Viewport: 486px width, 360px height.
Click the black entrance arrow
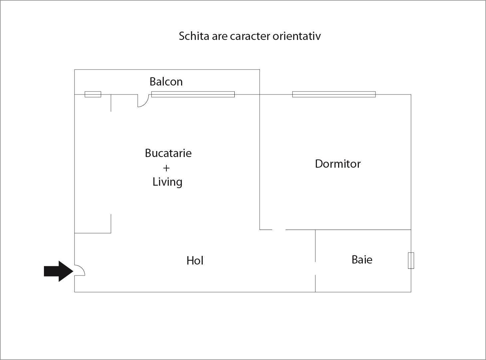tap(59, 271)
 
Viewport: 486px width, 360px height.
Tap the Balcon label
tap(166, 82)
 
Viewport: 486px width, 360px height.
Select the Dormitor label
tap(338, 164)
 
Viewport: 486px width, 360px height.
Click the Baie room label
tap(362, 260)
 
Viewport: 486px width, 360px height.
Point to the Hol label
tap(195, 261)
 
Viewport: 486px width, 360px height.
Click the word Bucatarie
tap(168, 153)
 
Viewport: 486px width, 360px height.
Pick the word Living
tap(167, 182)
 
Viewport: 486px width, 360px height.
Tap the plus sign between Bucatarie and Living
tap(166, 168)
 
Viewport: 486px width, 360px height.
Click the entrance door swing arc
tap(83, 268)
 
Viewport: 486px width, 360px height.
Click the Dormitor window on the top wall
tap(334, 94)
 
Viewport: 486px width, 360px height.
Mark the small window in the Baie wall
tap(411, 261)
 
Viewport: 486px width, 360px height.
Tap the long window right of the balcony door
tap(193, 94)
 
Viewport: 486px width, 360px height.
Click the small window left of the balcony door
tap(93, 94)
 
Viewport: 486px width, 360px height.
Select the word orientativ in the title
tap(297, 36)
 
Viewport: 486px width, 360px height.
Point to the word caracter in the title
tap(250, 36)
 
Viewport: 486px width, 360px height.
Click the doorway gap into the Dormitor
tap(279, 230)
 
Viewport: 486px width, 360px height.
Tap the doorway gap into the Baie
tap(315, 269)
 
